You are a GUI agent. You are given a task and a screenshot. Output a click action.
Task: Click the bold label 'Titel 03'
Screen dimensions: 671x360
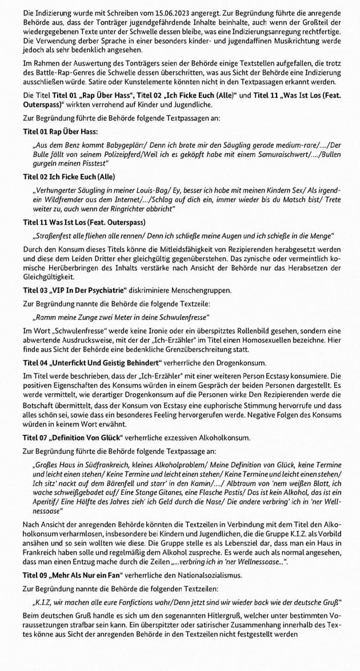click(x=35, y=290)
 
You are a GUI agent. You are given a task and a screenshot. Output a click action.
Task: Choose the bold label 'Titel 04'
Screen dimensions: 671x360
click(x=35, y=363)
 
